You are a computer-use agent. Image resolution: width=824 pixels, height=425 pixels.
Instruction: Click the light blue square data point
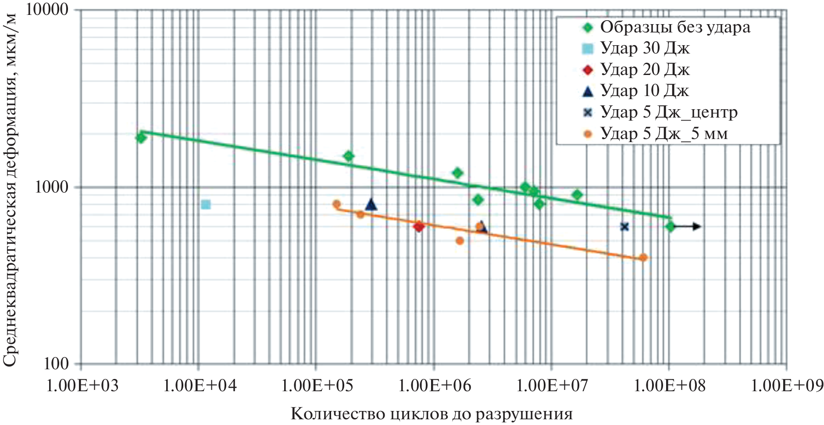[206, 204]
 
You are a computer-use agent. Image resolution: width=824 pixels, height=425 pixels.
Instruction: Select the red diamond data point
[419, 226]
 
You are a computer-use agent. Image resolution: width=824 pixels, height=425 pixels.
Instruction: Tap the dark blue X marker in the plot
[624, 227]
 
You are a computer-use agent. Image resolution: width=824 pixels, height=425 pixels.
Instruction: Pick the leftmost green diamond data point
[141, 138]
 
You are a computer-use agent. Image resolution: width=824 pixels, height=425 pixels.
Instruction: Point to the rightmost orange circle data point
[643, 257]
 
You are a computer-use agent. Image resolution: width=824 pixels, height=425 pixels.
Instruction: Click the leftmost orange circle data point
[336, 204]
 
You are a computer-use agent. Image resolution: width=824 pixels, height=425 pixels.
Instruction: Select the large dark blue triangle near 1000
[371, 204]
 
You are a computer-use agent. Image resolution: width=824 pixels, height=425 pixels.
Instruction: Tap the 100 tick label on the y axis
[57, 363]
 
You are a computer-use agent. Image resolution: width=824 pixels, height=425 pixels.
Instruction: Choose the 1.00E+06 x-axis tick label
[434, 386]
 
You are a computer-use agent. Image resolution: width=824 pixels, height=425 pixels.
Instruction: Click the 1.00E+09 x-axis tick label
[787, 386]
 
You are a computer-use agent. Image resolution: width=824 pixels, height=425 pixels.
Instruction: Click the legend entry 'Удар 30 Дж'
[645, 48]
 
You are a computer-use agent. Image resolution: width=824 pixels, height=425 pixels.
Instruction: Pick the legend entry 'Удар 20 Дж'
[645, 69]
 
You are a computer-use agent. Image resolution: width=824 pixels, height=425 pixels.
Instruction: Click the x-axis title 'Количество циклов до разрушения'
[432, 414]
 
